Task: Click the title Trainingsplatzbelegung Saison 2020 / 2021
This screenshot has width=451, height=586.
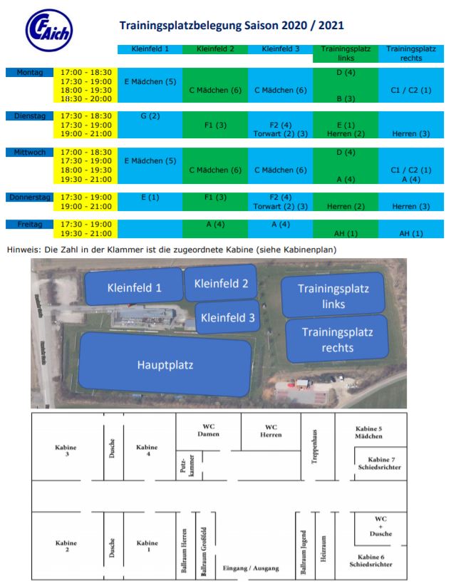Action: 232,26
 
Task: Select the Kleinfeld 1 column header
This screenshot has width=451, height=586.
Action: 150,49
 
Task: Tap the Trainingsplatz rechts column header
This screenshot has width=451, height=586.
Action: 411,53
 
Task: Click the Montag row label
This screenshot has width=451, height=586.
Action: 29,72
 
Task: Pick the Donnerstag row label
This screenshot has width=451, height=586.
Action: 29,197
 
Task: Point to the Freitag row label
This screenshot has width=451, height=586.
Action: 29,224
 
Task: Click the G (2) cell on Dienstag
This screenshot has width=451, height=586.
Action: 150,115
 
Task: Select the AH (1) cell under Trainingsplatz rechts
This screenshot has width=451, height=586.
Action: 411,233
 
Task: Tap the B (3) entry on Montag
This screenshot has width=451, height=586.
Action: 345,98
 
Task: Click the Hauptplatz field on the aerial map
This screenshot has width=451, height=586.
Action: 165,364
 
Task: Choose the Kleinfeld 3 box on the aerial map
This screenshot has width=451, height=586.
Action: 226,319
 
